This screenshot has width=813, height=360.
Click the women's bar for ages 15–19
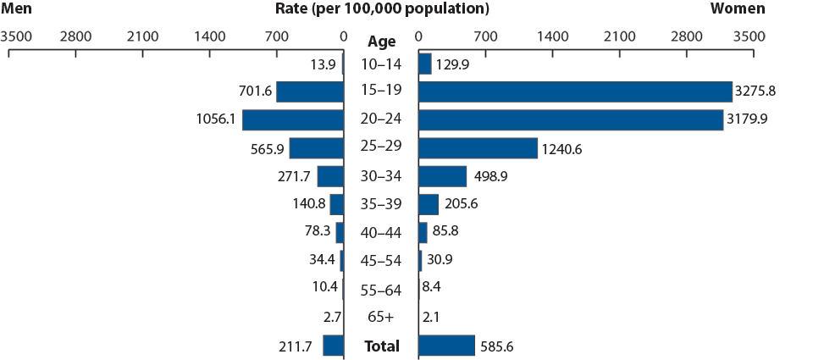point(574,91)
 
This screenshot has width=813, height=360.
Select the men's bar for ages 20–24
point(293,119)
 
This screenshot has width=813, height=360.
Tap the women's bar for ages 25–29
point(478,148)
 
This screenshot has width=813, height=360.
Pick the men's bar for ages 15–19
point(310,91)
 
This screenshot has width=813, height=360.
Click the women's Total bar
point(446,346)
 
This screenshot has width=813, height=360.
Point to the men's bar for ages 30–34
point(330,176)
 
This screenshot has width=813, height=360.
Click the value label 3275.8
point(759,91)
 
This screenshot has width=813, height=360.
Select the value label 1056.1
point(216,119)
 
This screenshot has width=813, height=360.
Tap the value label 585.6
point(501,346)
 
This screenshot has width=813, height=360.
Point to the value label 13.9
point(324,64)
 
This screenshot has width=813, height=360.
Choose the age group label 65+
point(381,318)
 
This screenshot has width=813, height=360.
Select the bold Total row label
point(381,346)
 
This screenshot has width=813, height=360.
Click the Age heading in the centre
point(381,40)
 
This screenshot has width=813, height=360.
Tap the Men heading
point(17,9)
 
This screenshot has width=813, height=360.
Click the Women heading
point(738,9)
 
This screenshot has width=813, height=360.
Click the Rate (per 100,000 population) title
point(382,9)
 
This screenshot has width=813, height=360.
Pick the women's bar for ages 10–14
point(424,64)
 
